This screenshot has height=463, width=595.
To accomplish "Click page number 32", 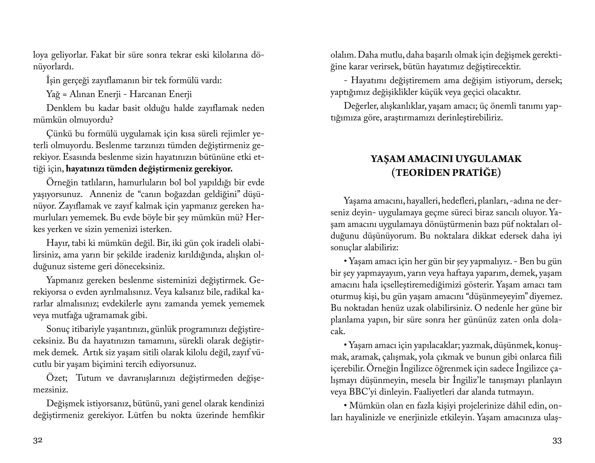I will (x=38, y=441).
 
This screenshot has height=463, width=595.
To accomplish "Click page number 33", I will (x=557, y=441).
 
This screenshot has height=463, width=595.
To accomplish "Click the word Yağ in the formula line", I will (x=53, y=94).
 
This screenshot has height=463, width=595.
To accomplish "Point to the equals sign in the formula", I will (x=64, y=95).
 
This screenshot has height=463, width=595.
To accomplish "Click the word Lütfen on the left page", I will (x=141, y=415).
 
